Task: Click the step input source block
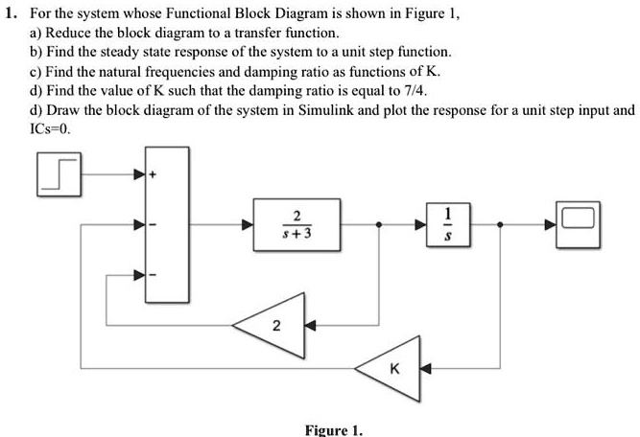click(x=58, y=174)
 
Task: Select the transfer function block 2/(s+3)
click(x=282, y=226)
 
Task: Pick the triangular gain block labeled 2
click(x=276, y=327)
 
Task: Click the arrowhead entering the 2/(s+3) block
click(x=247, y=226)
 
